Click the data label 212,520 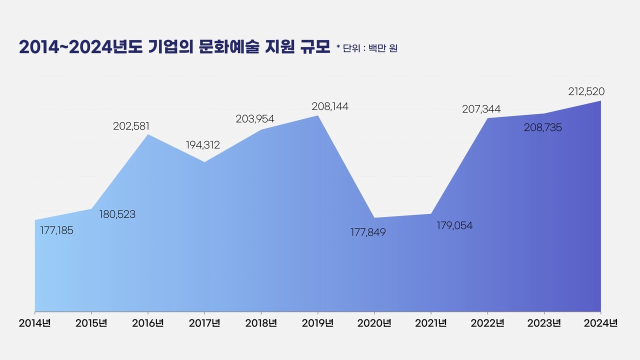586,91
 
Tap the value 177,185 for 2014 56,230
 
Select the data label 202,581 131,126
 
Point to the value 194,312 203,145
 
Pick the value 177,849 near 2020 368,232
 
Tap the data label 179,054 454,225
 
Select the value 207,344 481,109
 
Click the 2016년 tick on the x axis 148,323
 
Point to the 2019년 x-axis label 318,323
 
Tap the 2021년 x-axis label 431,323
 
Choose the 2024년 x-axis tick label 601,323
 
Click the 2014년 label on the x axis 35,323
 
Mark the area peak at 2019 318,116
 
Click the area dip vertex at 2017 204,162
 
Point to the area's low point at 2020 374,218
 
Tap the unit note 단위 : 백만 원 370,48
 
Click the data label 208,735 542,128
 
